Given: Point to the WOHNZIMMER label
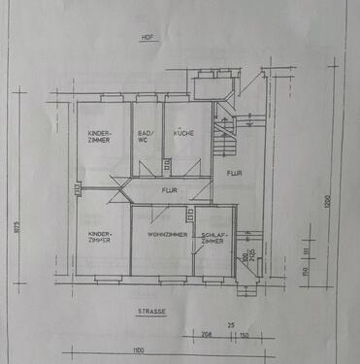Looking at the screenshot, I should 160,235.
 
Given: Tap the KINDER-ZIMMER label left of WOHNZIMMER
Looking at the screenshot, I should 99,237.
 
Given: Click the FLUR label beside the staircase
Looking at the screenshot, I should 234,174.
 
